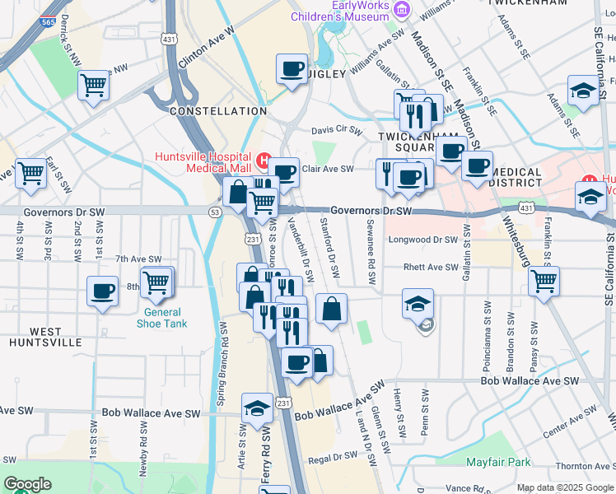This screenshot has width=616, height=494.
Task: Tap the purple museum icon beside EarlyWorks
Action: pos(401,10)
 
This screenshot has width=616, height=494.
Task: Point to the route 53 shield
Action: pos(214,212)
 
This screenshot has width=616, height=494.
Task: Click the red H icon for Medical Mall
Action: pos(264,160)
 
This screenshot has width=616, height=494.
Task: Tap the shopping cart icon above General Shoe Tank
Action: pos(156,283)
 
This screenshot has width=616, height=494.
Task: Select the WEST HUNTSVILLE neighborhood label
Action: pos(45,336)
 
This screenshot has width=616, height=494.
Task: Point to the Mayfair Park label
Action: pos(499,462)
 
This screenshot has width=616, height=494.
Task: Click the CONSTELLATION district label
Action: pos(217,111)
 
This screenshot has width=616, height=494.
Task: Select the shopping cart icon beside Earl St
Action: pos(31,174)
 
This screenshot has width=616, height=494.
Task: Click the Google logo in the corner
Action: pos(27,484)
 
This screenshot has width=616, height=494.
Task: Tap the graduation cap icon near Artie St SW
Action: pos(257,408)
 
